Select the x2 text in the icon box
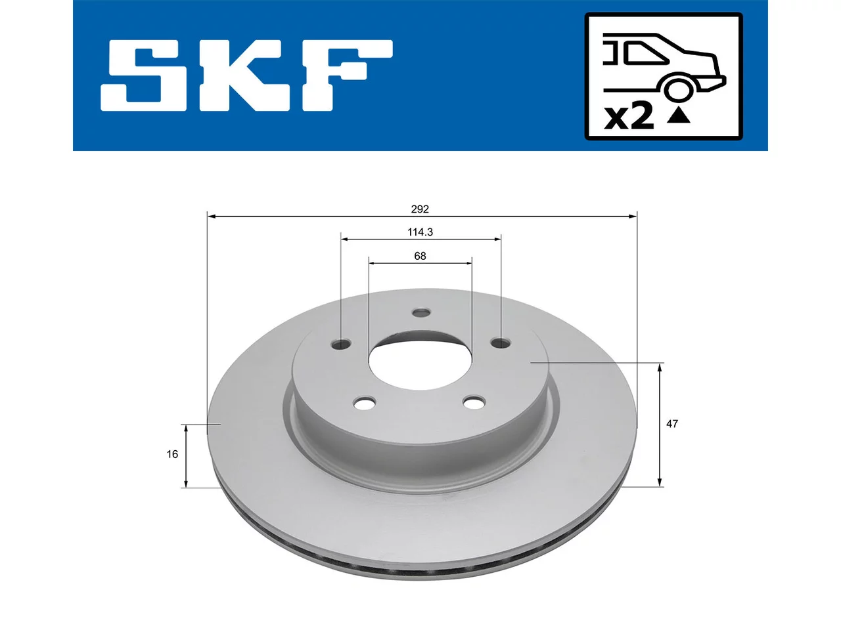click(629, 117)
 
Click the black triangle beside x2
click(679, 116)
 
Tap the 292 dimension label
click(420, 209)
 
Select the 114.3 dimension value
click(420, 232)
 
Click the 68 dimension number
click(420, 256)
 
